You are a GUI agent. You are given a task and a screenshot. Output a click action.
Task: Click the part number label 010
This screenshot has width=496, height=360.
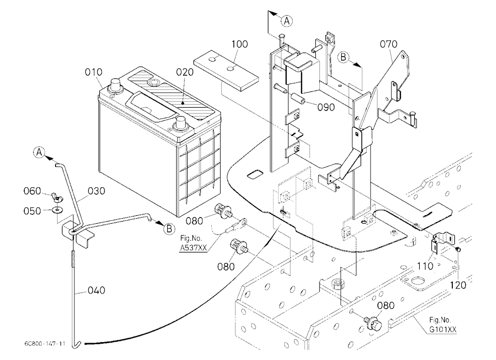(94, 72)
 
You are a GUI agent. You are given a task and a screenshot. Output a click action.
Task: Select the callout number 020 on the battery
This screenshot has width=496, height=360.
(185, 72)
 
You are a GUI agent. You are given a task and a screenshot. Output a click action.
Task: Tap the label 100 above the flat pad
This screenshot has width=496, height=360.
(240, 44)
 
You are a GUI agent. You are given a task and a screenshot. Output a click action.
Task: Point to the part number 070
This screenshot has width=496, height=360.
(388, 44)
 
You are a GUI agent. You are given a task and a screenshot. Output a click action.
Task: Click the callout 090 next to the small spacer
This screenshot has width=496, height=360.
(326, 108)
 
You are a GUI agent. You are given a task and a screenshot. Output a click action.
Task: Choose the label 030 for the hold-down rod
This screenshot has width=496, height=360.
(96, 191)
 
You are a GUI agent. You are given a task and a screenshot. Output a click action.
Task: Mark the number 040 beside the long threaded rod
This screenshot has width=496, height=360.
(96, 291)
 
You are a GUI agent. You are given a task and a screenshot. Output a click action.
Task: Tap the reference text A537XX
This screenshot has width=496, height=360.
(193, 248)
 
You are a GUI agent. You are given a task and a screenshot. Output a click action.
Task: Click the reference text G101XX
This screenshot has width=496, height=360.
(442, 330)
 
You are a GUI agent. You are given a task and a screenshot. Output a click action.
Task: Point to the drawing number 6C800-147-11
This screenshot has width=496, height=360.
(45, 344)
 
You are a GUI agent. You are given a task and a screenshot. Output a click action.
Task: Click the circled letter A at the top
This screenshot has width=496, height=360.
(287, 21)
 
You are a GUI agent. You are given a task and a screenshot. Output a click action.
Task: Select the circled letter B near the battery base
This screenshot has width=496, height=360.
(169, 229)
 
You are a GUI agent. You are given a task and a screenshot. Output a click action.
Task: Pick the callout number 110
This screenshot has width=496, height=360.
(425, 266)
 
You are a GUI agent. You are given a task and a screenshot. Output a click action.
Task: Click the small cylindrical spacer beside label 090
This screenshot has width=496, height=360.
(298, 98)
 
